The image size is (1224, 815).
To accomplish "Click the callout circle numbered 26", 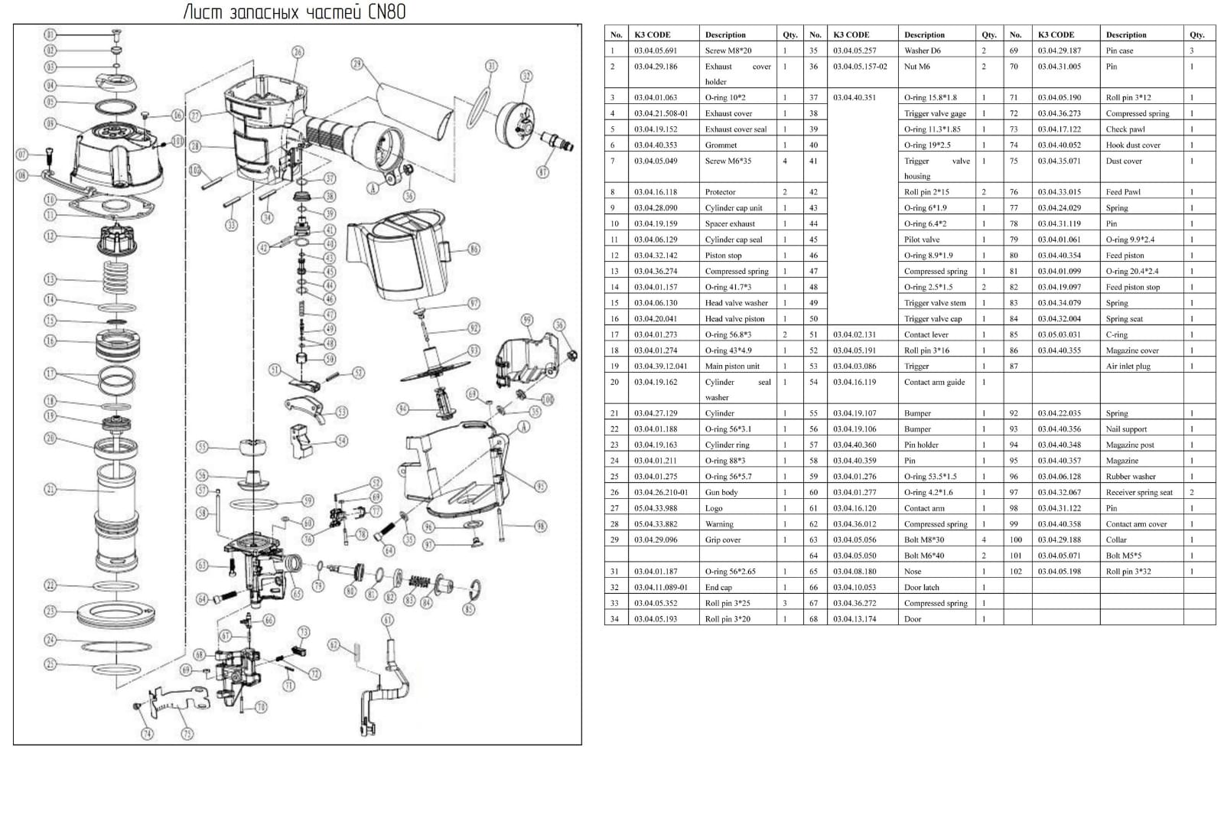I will (x=298, y=52).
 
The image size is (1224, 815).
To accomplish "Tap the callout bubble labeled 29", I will (x=356, y=64).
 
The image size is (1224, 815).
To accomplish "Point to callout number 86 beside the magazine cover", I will (x=474, y=249).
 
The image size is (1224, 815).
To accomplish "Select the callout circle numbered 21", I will (x=50, y=489).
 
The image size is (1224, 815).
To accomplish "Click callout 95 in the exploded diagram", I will (x=540, y=487).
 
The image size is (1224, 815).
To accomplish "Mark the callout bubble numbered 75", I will (x=187, y=733).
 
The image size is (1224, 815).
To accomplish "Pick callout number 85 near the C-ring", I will (x=469, y=609).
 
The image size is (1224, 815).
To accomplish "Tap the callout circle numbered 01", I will (x=50, y=34).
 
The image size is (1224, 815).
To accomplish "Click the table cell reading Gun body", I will (x=721, y=492).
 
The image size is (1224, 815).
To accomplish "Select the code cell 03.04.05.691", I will (x=656, y=51).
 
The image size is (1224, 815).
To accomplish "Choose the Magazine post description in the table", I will (x=1130, y=445).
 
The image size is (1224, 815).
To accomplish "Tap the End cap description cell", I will (x=718, y=587).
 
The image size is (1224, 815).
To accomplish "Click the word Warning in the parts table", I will (x=719, y=524).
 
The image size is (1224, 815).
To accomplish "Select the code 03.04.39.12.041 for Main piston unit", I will (x=660, y=366).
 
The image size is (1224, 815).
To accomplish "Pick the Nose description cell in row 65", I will (x=913, y=571).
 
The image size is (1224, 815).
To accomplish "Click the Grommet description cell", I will (x=721, y=145).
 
